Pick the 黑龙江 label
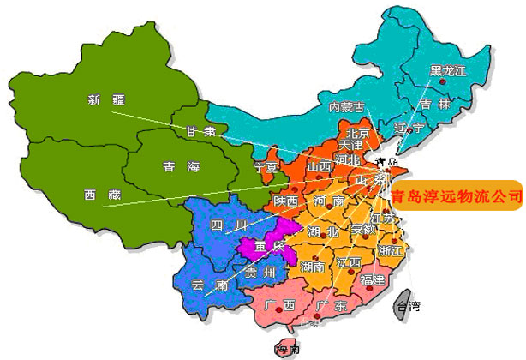[448, 70]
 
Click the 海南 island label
[285, 350]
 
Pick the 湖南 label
[313, 268]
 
